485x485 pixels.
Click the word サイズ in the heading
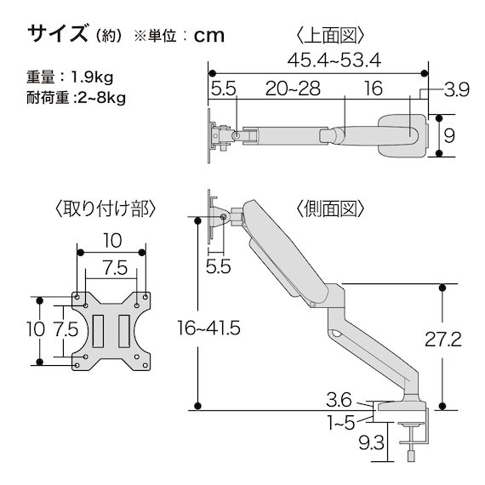[x=57, y=34]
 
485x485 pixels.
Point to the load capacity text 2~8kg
[x=101, y=97]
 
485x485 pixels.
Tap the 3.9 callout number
[x=458, y=89]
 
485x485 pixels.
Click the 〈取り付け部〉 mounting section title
[x=104, y=209]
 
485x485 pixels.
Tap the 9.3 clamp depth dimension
[x=369, y=442]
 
